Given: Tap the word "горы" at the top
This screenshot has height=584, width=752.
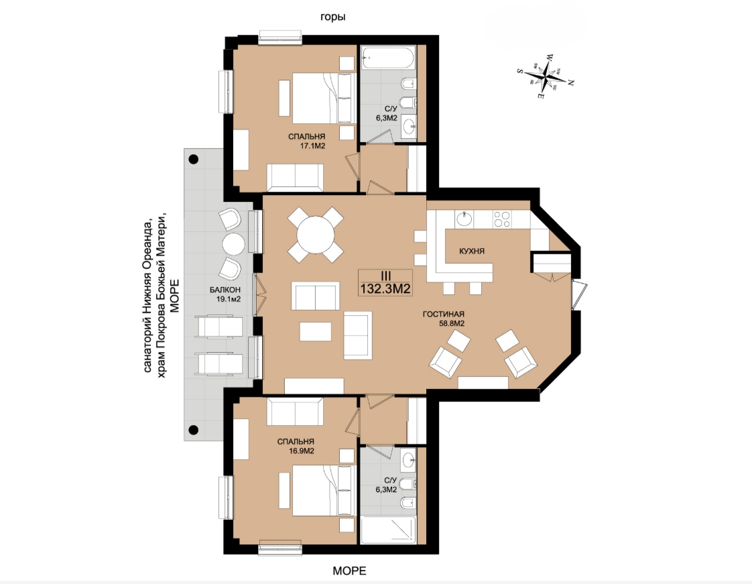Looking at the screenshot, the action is pos(333,17).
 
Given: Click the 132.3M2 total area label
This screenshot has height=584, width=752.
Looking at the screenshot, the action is pos(385,288).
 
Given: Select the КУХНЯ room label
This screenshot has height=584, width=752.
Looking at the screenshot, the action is pos(471,251).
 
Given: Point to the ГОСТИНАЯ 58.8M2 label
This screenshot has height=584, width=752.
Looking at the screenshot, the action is pos(444,318).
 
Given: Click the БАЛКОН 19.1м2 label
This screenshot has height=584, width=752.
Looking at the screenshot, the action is pos(225,294).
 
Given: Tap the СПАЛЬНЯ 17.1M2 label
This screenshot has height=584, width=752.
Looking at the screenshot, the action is pos(307,141).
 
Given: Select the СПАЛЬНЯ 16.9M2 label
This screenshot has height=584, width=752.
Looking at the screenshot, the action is pos(296,447).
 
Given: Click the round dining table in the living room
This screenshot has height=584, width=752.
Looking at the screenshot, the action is pos(316,235).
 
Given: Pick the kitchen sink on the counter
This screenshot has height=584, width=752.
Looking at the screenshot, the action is pos(464,219).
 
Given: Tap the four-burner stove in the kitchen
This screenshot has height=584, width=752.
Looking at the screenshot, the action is pos(502,219).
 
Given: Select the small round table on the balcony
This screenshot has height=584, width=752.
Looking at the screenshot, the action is pos(233,243).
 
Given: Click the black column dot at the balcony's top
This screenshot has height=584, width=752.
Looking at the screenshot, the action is pos(193,160).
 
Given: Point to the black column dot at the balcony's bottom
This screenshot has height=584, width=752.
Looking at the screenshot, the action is pos(193,430).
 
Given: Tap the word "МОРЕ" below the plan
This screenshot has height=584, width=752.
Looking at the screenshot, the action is pos(349,571).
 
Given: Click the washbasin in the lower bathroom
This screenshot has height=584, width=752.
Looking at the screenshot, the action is pos(409,461).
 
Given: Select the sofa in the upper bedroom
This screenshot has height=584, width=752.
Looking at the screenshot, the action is pos(295,178).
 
